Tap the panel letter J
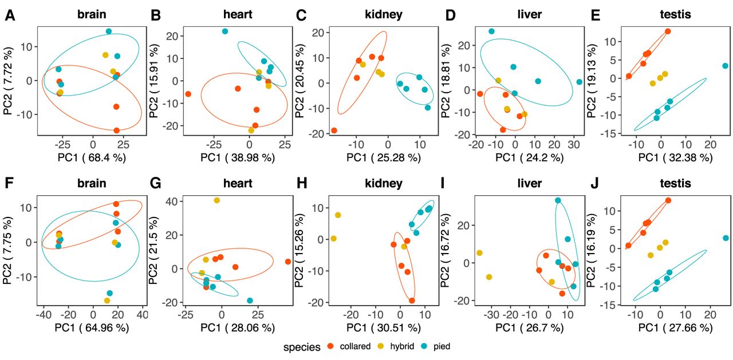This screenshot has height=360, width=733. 596,184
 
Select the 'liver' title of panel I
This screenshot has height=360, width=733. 529,184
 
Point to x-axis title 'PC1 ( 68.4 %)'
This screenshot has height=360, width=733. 93,156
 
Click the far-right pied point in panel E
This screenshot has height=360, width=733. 725,66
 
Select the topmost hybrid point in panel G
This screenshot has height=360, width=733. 216,200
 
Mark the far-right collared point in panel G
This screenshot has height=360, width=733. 288,262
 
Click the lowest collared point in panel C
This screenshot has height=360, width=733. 334,130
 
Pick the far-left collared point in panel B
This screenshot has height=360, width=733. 188,94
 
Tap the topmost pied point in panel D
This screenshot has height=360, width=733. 491,31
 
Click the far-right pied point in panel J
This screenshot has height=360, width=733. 726,238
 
